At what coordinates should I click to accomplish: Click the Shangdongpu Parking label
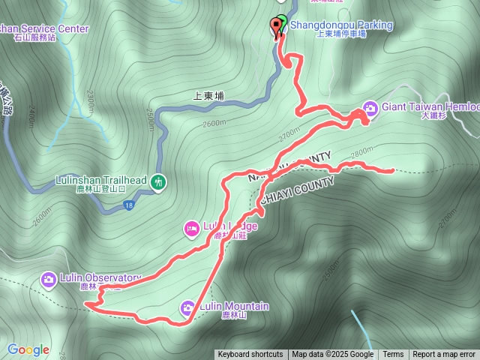pyautogui.click(x=341, y=25)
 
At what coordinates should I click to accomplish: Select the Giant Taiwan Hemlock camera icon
pyautogui.click(x=370, y=107)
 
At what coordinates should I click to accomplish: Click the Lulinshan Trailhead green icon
pyautogui.click(x=157, y=181)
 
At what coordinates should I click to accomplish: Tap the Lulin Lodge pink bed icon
pyautogui.click(x=192, y=227)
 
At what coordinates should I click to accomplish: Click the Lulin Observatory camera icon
pyautogui.click(x=49, y=279)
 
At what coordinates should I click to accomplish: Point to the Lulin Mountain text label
pyautogui.click(x=234, y=306)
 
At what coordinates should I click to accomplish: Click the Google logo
pyautogui.click(x=28, y=349)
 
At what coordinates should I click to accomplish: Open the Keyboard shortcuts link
pyautogui.click(x=250, y=355)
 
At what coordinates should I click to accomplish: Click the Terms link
pyautogui.click(x=393, y=355)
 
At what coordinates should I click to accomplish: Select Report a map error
pyautogui.click(x=444, y=355)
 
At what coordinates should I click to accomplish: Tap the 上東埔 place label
pyautogui.click(x=208, y=96)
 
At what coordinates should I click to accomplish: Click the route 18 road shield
pyautogui.click(x=130, y=205)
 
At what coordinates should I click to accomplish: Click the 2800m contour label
pyautogui.click(x=361, y=151)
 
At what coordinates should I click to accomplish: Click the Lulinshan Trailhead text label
pyautogui.click(x=100, y=181)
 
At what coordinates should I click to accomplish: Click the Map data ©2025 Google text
pyautogui.click(x=332, y=355)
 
